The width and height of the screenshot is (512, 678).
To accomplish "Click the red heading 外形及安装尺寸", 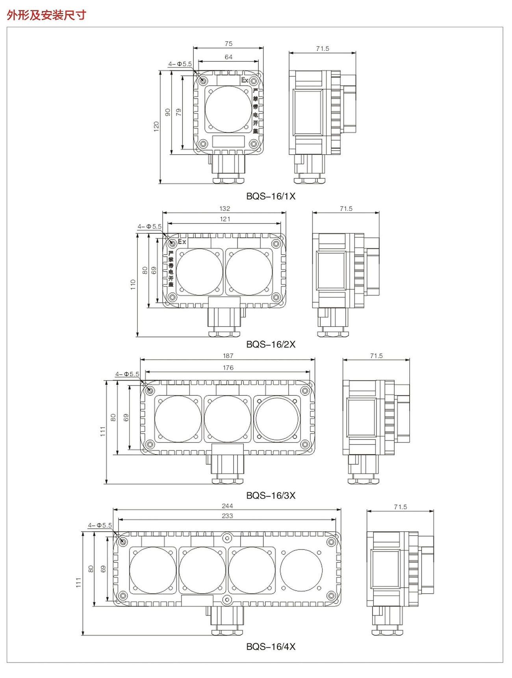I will point(46,15).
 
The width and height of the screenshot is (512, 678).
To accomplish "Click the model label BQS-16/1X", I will point(271,196).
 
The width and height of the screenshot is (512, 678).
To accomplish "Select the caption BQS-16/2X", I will point(271,344).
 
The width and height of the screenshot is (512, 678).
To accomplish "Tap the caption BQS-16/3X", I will point(271,495).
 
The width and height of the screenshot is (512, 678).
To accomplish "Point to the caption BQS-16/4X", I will point(271,647).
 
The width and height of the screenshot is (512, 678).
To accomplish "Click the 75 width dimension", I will point(228,44).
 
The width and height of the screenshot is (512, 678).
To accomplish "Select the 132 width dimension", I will point(224,209).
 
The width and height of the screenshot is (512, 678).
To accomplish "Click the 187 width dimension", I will point(228,356).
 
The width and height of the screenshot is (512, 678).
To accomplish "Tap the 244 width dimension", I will point(227,506).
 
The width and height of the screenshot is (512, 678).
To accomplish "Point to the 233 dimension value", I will point(227,516).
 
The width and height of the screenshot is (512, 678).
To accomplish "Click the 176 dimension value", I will point(228,368).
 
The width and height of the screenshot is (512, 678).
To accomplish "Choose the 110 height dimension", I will point(133,285).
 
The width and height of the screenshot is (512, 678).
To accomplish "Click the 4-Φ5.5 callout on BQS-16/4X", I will point(100,525).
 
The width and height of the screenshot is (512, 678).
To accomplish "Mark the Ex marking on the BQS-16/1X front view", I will point(245,80).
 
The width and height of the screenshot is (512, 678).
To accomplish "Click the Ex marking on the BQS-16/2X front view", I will point(182,242).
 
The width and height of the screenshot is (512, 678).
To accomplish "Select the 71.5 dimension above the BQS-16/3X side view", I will point(376,356).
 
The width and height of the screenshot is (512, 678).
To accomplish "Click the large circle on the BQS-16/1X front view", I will point(228,109).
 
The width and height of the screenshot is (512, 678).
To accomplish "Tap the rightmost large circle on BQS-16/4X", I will point(301,570).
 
